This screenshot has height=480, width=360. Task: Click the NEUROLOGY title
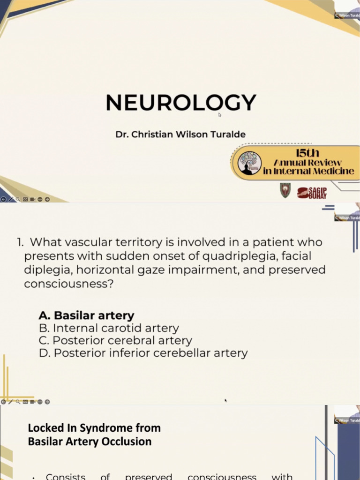pyautogui.click(x=181, y=103)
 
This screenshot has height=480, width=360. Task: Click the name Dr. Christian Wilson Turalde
pyautogui.click(x=180, y=135)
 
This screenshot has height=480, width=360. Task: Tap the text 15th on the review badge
pyautogui.click(x=308, y=153)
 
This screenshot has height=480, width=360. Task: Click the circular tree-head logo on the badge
pyautogui.click(x=249, y=163)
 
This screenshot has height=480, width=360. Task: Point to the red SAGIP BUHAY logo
pyautogui.click(x=312, y=192)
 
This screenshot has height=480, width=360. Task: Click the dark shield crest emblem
pyautogui.click(x=285, y=190)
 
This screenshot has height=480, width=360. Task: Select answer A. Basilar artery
pyautogui.click(x=87, y=315)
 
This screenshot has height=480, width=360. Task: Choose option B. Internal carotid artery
pyautogui.click(x=109, y=328)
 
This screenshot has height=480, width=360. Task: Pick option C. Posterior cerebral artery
pyautogui.click(x=115, y=340)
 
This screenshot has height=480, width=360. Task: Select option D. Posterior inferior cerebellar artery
pyautogui.click(x=143, y=353)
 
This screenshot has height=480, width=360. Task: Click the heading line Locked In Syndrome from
pyautogui.click(x=94, y=427)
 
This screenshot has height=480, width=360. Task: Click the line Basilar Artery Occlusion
pyautogui.click(x=90, y=441)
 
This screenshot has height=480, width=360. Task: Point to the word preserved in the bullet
pyautogui.click(x=149, y=476)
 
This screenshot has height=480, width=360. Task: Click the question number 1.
pyautogui.click(x=20, y=243)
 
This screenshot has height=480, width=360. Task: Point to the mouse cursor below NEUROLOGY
pyautogui.click(x=219, y=114)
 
